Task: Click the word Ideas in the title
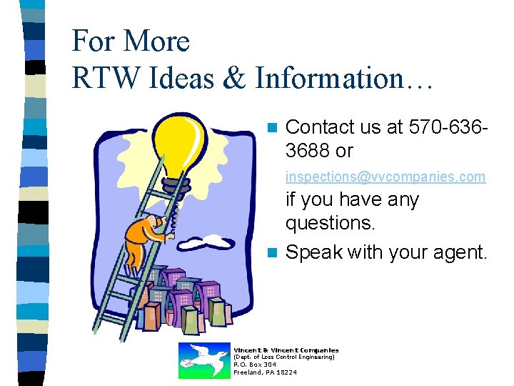pyautogui.click(x=187, y=79)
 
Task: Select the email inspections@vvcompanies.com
pyautogui.click(x=385, y=176)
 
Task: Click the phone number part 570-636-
pyautogui.click(x=449, y=127)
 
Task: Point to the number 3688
pyautogui.click(x=308, y=152)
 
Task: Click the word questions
pyautogui.click(x=330, y=224)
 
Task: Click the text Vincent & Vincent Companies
pyautogui.click(x=286, y=350)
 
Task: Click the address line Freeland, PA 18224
pyautogui.click(x=265, y=372)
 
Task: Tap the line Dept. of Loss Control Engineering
pyautogui.click(x=284, y=357)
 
